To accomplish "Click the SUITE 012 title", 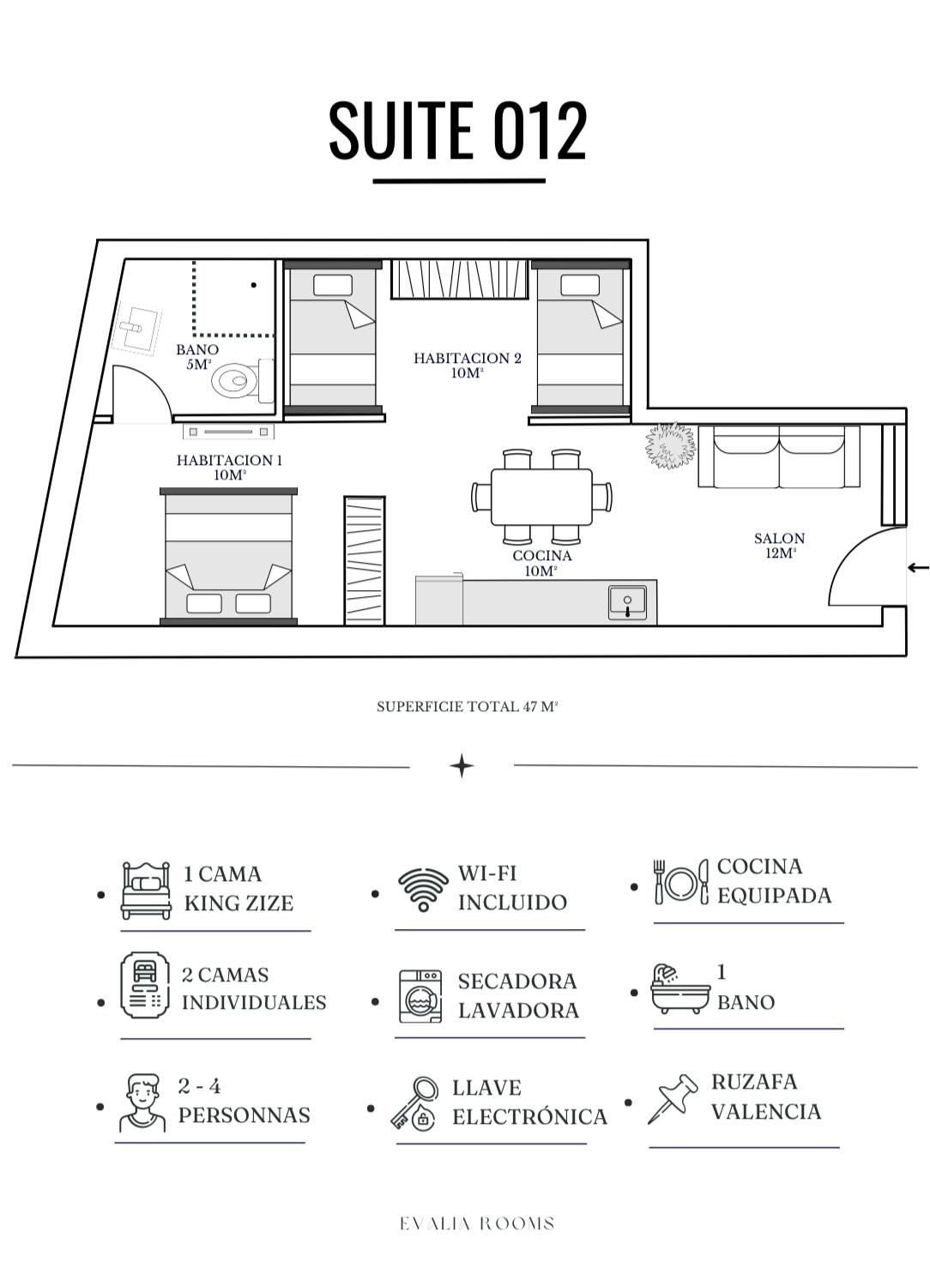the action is coord(457,130).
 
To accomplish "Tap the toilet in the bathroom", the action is coord(243,380).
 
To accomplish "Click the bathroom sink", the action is coord(138,329).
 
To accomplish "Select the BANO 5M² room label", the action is coord(198,357).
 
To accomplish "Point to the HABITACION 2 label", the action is coord(468,365).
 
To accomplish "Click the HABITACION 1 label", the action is coord(229,468).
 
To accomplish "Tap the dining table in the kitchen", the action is coord(541,497).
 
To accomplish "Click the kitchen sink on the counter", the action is coord(627,601).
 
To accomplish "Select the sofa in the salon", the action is coord(778,456).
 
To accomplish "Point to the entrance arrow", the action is coord(919,567).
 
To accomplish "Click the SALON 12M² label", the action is coord(780,545).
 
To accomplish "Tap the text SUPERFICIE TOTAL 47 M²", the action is coord(467,707).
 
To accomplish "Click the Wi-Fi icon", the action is coord(423,889).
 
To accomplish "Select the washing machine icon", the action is coord(420,996).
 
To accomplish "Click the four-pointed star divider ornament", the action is coord(462,766).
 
